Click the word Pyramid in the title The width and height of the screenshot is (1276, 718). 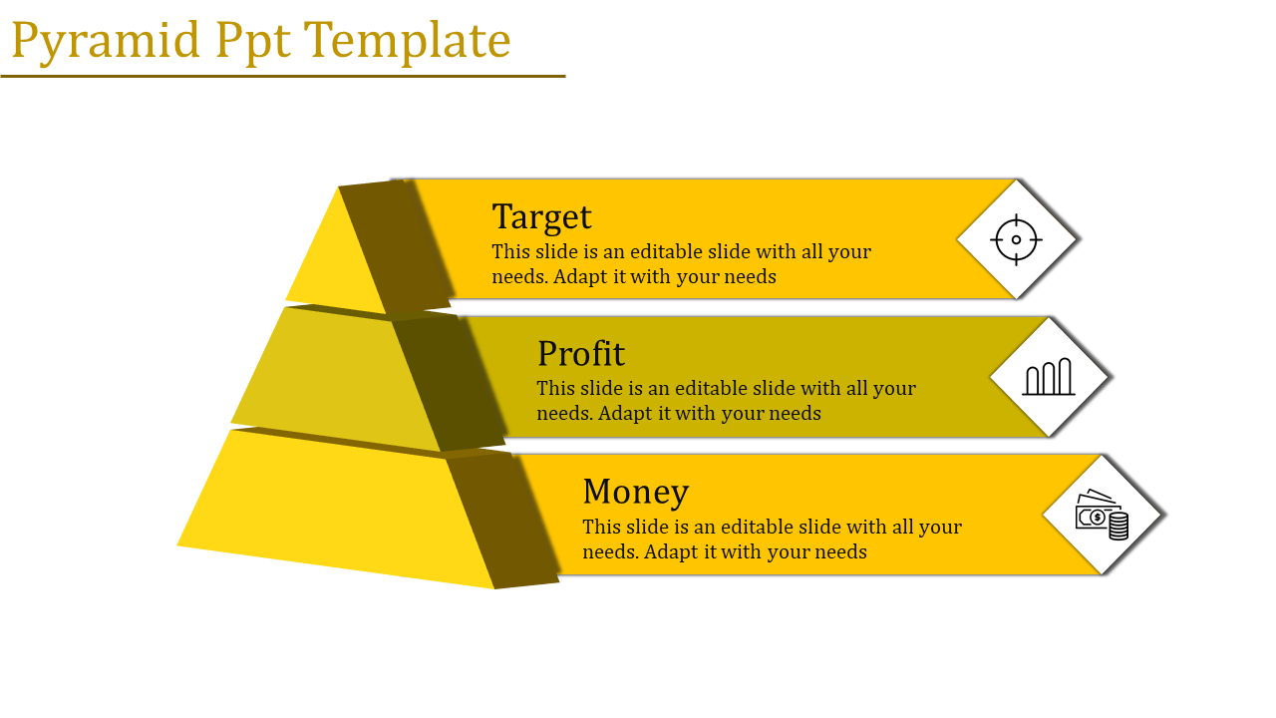[106, 42]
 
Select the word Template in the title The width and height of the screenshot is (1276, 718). [408, 42]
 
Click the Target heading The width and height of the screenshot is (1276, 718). [541, 217]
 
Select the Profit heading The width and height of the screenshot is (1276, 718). [581, 353]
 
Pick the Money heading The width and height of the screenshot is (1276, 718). [636, 492]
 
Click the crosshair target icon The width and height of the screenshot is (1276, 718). [1016, 240]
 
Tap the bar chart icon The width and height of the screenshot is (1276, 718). [1049, 377]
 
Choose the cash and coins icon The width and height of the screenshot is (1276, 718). [1103, 514]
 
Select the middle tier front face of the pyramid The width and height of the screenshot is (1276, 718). [336, 379]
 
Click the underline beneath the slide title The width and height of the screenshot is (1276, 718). [283, 76]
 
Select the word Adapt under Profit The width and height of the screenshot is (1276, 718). [625, 413]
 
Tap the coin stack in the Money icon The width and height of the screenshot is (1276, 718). [1118, 526]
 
